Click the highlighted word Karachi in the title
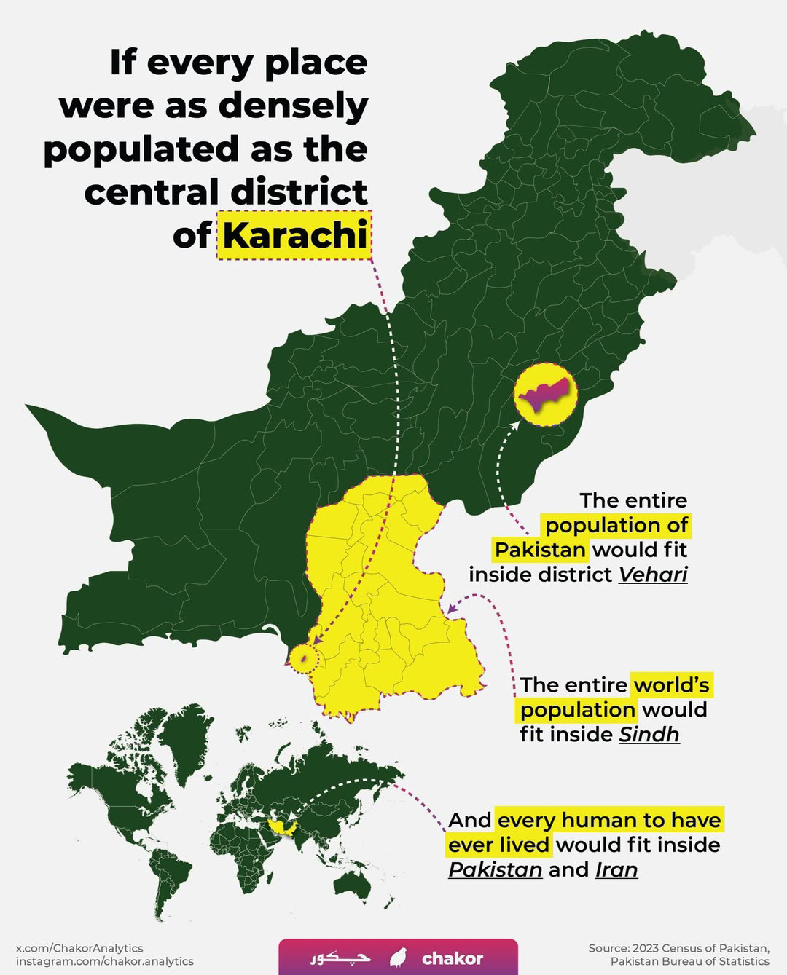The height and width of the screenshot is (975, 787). [x=294, y=235]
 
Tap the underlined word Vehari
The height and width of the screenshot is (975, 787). [x=652, y=575]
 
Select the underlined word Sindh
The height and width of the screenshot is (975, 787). [x=649, y=734]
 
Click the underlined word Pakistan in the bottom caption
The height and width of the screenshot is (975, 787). [x=495, y=869]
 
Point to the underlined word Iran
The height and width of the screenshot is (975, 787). [x=616, y=869]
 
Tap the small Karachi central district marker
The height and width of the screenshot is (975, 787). [x=304, y=658]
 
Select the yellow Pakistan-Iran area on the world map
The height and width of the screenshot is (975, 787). [x=280, y=825]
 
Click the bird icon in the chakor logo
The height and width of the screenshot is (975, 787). [x=398, y=958]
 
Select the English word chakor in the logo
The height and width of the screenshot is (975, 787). [x=452, y=958]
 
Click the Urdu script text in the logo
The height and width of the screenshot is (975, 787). [x=340, y=958]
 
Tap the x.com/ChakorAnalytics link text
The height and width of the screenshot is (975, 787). [x=79, y=948]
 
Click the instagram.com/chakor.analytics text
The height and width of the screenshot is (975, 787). [x=104, y=961]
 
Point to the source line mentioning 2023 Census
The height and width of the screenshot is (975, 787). [x=678, y=948]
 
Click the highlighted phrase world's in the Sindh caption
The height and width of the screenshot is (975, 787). [x=671, y=684]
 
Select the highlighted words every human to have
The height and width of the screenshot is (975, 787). [x=609, y=820]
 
